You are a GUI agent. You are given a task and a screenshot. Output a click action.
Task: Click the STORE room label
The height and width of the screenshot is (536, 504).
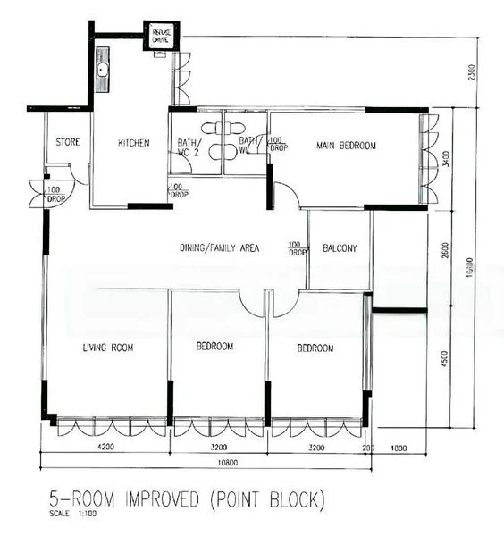pos(69,142)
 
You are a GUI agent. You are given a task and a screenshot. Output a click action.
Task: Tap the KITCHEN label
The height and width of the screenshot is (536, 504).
pos(133,143)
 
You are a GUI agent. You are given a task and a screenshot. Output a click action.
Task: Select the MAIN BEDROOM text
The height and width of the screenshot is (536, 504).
pos(346,146)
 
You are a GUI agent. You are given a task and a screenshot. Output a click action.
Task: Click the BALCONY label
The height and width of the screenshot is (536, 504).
pos(340,248)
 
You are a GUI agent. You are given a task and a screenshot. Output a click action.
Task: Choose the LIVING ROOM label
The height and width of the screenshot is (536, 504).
pos(107,348)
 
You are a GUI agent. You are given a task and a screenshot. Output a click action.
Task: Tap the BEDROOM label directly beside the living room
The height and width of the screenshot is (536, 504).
pos(214,347)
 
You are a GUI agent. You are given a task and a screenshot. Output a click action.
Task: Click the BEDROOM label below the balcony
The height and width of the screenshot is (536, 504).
pos(315,348)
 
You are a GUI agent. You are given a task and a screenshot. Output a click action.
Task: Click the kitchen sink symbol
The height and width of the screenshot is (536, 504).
pos(103,70)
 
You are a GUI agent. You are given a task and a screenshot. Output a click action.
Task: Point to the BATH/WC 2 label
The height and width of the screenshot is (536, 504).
pos(188,147)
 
